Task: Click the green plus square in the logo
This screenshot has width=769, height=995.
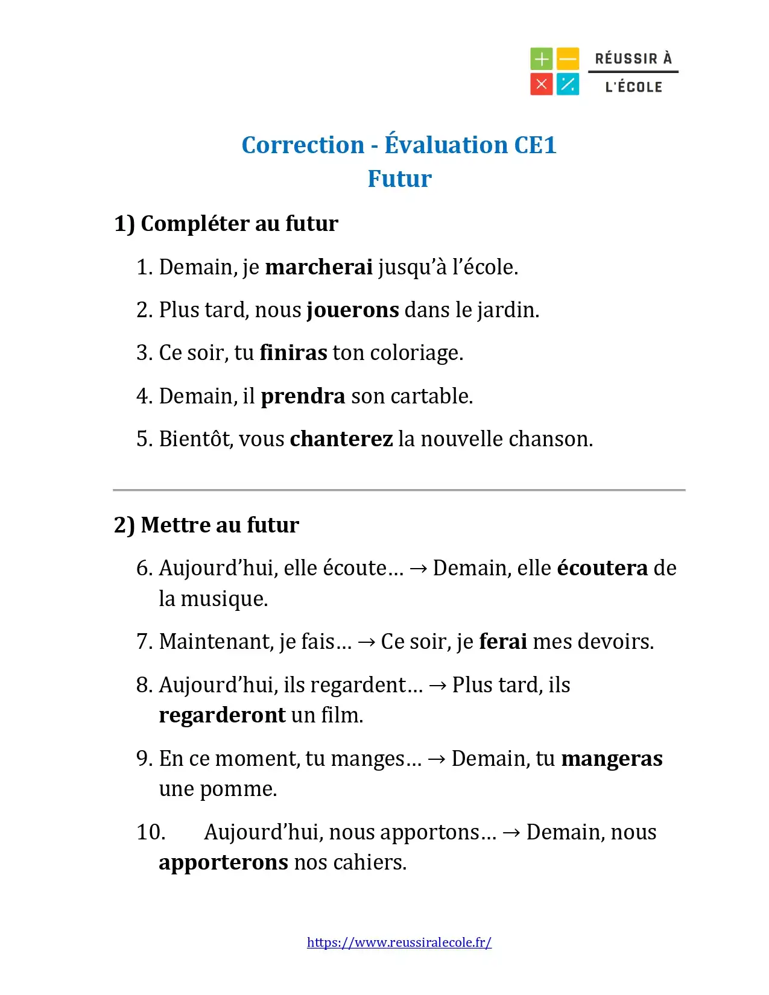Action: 541,59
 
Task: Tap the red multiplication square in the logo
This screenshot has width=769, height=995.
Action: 541,84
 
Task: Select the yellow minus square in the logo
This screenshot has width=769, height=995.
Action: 568,59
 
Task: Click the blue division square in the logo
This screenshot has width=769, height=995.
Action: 568,84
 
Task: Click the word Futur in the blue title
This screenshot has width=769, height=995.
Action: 400,179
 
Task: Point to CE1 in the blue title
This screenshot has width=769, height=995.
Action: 535,145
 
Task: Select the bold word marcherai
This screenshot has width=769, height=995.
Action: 318,267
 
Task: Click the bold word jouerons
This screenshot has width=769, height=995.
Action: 353,310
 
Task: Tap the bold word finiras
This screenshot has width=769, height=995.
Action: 293,353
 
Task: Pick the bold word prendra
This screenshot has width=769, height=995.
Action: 303,396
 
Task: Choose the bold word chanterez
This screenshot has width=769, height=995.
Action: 341,439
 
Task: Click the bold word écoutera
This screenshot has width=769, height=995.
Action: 602,568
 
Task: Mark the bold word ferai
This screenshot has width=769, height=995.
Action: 503,642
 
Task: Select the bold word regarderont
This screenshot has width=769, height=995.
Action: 222,715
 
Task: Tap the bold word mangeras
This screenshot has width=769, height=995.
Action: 612,759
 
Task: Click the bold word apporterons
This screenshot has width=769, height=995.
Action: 223,862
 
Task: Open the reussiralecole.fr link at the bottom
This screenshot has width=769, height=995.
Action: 399,943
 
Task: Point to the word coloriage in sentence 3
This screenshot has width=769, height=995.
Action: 416,353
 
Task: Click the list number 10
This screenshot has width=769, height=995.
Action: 151,832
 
